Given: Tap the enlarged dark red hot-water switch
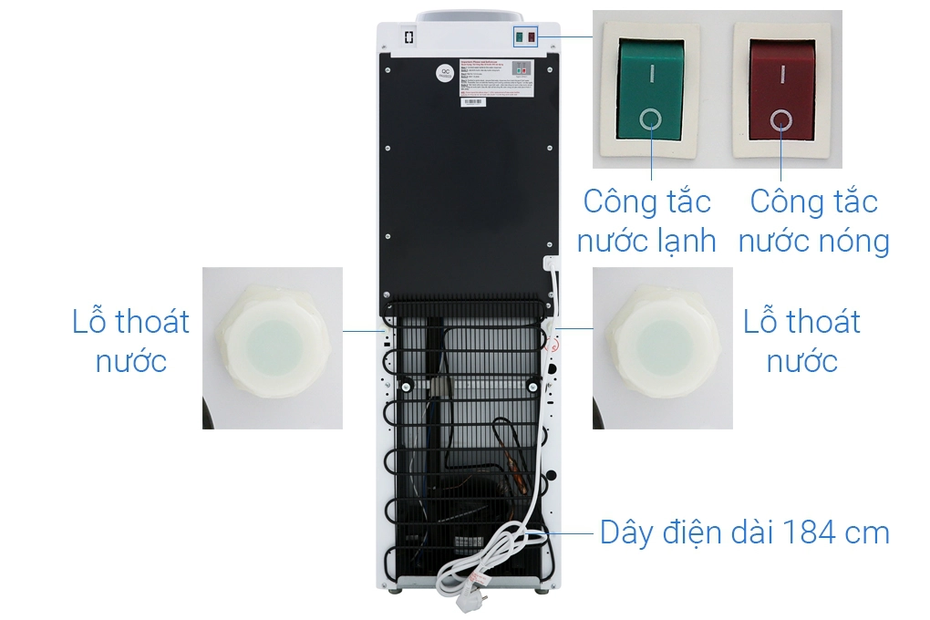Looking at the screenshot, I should tap(781, 90).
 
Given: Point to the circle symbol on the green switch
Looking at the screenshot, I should tap(651, 119).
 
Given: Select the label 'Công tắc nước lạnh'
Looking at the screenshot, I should tap(647, 221).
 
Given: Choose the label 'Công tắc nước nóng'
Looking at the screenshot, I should tap(813, 221).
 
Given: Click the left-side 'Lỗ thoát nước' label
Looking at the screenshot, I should tap(131, 341).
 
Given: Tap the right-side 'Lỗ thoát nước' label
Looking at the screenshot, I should tap(801, 341).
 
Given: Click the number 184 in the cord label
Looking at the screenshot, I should tap(808, 532).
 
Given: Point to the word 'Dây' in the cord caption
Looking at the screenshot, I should tap(625, 532).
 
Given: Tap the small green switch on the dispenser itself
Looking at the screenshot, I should tap(519, 37).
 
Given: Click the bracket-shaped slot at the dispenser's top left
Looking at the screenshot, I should tap(408, 39).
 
